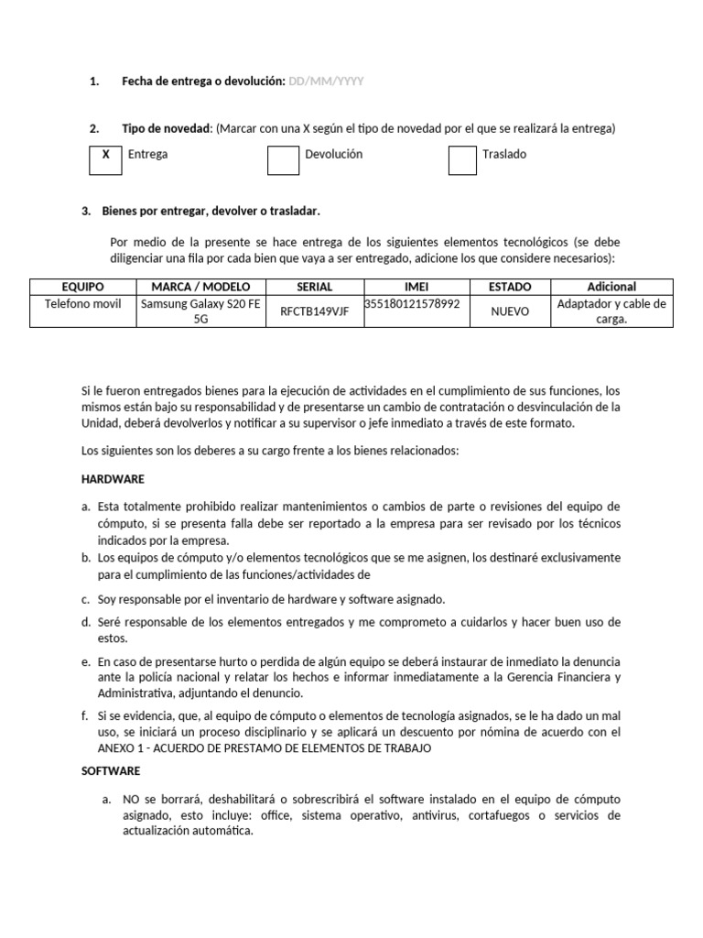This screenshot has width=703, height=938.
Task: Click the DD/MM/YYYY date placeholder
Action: point(326,82)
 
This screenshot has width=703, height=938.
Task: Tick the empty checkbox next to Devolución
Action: point(283,159)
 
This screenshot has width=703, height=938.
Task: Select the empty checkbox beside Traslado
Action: point(462,159)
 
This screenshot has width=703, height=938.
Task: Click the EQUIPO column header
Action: point(82,287)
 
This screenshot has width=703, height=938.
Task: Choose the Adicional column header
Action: point(611,287)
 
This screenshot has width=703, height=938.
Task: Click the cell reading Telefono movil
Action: point(82,304)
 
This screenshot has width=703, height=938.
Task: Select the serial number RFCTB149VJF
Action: point(314,311)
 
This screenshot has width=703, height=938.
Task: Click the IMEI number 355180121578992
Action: point(412,303)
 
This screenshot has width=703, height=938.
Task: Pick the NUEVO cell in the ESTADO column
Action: point(510,311)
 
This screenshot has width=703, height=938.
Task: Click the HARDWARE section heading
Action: point(113,479)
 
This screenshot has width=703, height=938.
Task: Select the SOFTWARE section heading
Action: point(111,771)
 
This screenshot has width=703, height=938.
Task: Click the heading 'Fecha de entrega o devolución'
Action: point(203,82)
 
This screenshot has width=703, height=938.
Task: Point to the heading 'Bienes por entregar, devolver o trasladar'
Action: point(211,212)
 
